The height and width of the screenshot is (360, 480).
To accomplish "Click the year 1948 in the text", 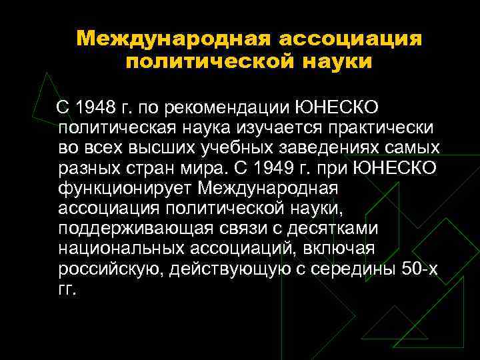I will pos(95,107).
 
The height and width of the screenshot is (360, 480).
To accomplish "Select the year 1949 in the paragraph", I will pos(307,166).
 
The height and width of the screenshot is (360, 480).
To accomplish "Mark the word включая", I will pos(341,249).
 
